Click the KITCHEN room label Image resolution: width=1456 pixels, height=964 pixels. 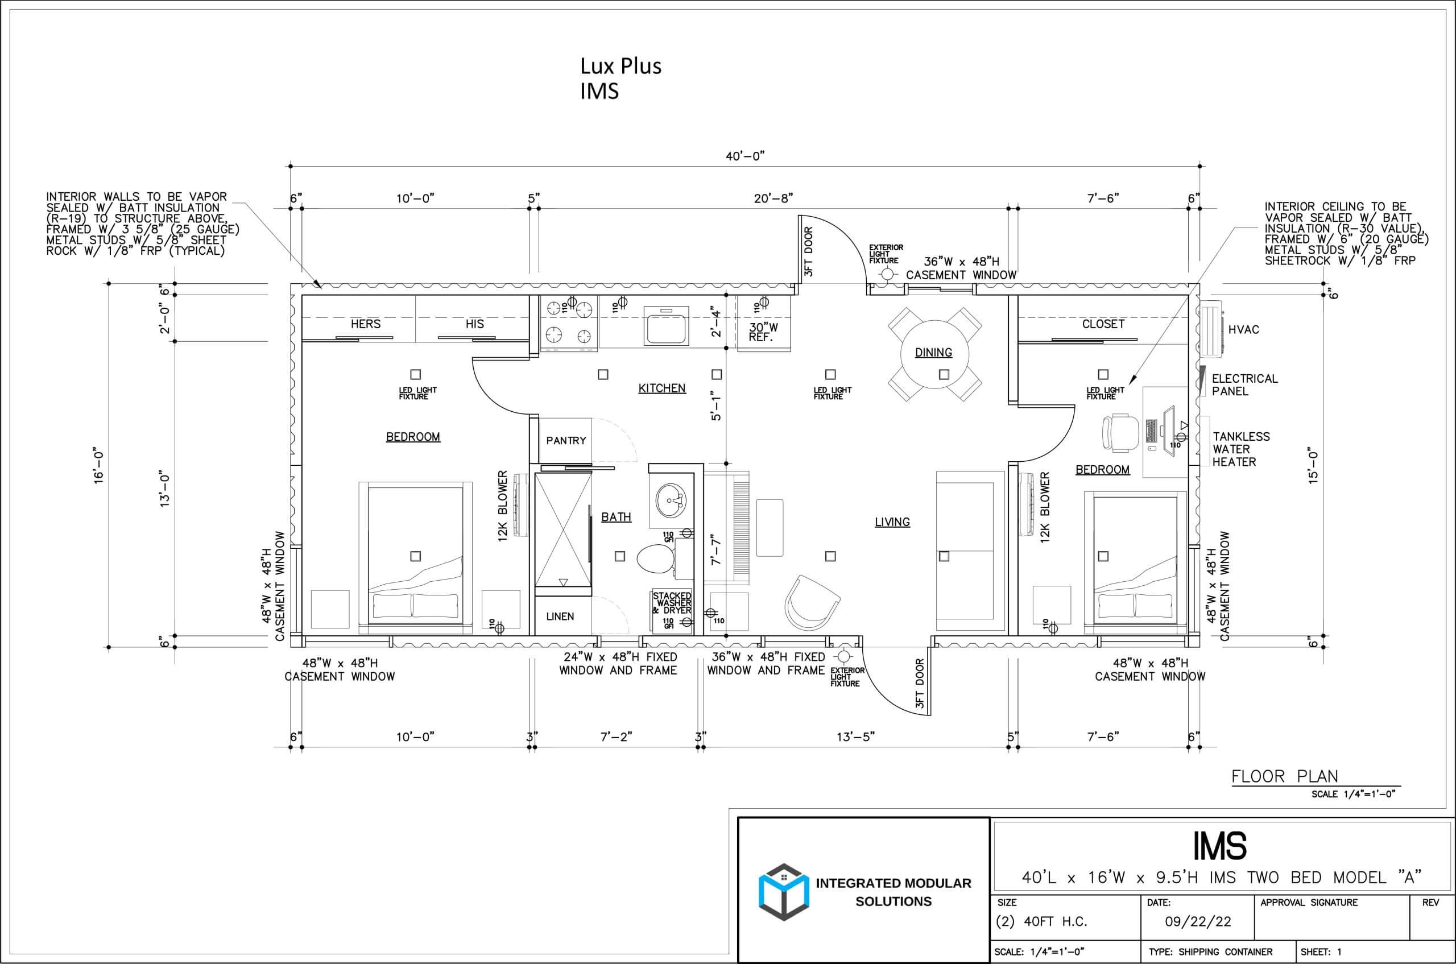pyautogui.click(x=661, y=388)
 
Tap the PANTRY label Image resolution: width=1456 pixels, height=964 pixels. pyautogui.click(x=566, y=440)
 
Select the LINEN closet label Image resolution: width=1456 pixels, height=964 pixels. pyautogui.click(x=560, y=616)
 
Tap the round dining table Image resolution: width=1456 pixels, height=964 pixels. pyautogui.click(x=934, y=354)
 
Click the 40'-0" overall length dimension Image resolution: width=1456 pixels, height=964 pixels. pyautogui.click(x=744, y=156)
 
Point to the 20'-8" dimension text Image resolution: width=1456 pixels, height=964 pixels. pyautogui.click(x=773, y=198)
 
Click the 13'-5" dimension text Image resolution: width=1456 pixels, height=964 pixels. pyautogui.click(x=855, y=737)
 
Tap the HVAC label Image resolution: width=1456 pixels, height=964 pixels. pyautogui.click(x=1243, y=329)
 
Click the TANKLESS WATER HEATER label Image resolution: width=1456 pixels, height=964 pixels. pyautogui.click(x=1241, y=449)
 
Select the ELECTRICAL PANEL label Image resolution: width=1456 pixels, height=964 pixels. pyautogui.click(x=1244, y=385)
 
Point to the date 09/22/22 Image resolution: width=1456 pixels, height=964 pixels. pyautogui.click(x=1198, y=921)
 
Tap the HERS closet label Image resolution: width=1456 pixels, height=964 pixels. pyautogui.click(x=365, y=324)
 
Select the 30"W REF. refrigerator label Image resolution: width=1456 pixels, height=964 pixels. pyautogui.click(x=763, y=332)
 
